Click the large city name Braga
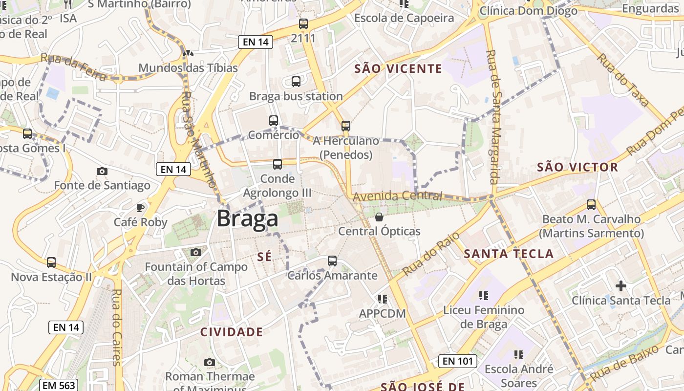(247, 218)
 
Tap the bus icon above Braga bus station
(296, 82)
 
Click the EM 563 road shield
(59, 385)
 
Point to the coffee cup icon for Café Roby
(140, 208)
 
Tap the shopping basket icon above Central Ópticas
(379, 217)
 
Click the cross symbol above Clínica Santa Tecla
(621, 285)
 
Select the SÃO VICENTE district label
(398, 69)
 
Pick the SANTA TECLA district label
(509, 254)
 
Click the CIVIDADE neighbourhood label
(232, 332)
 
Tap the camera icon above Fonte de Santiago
(102, 171)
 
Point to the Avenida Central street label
(397, 196)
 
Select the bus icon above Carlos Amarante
(332, 261)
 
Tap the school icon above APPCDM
(383, 298)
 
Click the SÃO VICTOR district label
(577, 167)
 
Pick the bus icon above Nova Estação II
(51, 262)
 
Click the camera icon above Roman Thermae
(210, 362)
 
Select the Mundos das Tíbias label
(188, 68)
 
